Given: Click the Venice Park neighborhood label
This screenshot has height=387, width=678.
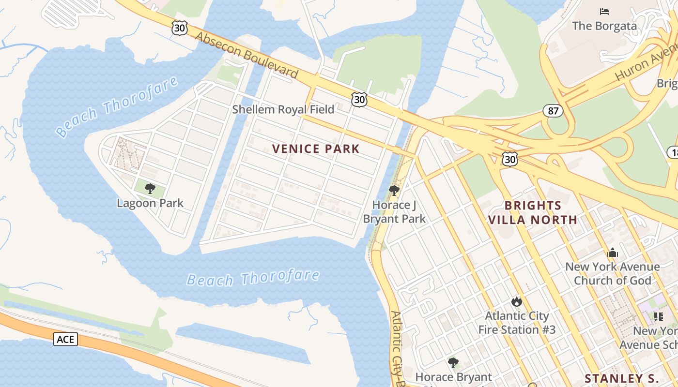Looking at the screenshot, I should pyautogui.click(x=316, y=149).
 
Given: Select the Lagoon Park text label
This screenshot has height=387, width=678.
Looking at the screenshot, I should pyautogui.click(x=150, y=203).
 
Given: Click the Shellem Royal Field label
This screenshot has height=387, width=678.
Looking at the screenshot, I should pyautogui.click(x=283, y=109).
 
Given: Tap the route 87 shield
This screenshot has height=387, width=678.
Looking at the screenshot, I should pyautogui.click(x=553, y=111).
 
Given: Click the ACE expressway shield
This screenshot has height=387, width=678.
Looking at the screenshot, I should pyautogui.click(x=65, y=339).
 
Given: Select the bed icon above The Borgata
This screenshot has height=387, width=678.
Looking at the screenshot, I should pyautogui.click(x=604, y=12).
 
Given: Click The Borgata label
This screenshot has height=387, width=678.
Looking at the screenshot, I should pyautogui.click(x=604, y=26).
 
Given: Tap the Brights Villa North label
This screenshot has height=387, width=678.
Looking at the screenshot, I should pyautogui.click(x=533, y=212).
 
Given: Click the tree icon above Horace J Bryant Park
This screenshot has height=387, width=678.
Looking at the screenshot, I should pyautogui.click(x=394, y=191).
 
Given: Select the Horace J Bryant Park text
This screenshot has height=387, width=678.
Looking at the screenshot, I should pyautogui.click(x=394, y=212).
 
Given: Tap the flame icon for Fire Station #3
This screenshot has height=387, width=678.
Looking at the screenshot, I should pyautogui.click(x=517, y=302).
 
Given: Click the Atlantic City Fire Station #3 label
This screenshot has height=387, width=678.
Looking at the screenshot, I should pyautogui.click(x=517, y=323).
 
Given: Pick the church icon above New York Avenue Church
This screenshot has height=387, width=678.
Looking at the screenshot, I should pyautogui.click(x=613, y=253).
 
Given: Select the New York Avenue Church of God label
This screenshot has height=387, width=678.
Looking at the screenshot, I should pyautogui.click(x=613, y=273).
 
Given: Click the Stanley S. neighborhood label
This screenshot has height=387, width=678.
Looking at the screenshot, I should pyautogui.click(x=621, y=378).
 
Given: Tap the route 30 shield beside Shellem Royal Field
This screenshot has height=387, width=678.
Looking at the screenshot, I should pyautogui.click(x=359, y=100).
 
